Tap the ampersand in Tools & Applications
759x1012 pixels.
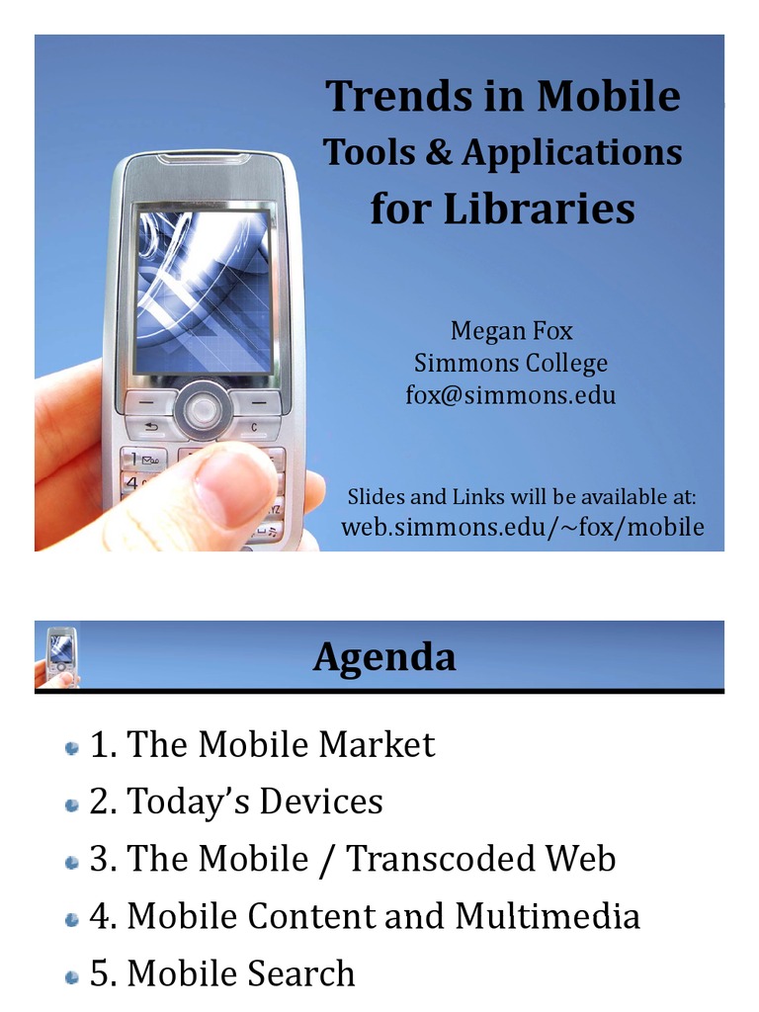443,152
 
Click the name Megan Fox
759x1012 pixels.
511,330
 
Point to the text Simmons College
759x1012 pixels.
511,363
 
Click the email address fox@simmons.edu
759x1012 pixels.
511,395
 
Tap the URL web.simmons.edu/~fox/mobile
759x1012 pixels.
523,527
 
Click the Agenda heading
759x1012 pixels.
384,656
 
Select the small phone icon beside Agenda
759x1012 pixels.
60,655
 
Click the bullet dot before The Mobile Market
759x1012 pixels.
71,747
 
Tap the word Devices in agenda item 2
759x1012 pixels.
321,801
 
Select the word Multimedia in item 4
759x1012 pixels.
548,916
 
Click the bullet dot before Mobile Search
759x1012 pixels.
71,977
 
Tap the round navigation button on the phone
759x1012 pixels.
203,408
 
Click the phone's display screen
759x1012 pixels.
203,292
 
